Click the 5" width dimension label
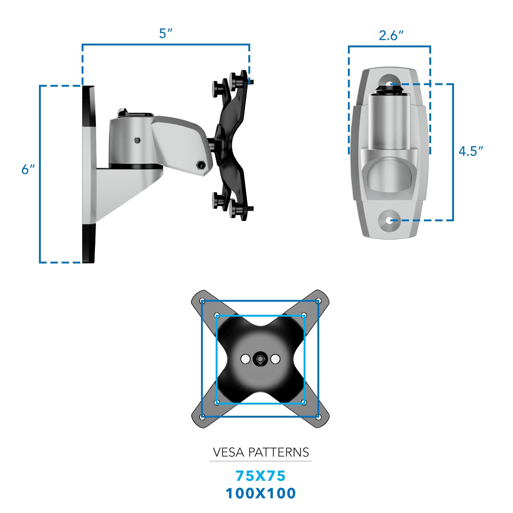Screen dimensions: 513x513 [x=166, y=33]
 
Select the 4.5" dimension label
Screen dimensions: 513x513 [x=471, y=151]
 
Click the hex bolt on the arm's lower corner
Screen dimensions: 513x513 [x=201, y=165]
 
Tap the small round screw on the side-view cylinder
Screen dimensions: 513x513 [x=137, y=140]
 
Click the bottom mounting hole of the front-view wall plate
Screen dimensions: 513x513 [x=389, y=220]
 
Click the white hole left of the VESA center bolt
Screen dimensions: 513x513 [x=245, y=359]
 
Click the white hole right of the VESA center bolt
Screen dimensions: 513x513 [x=275, y=359]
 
